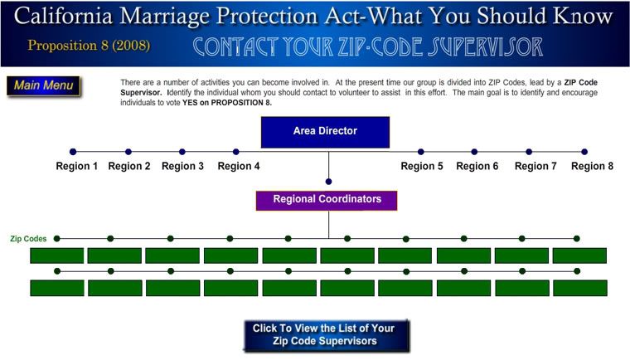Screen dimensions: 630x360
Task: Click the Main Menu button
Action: tap(43, 86)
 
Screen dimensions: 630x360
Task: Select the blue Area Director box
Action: tap(325, 132)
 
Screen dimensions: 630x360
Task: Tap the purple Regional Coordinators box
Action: tap(327, 200)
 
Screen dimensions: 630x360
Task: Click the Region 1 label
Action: tap(77, 166)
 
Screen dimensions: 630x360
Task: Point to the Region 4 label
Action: tap(239, 166)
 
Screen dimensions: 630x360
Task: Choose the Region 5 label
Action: tap(422, 166)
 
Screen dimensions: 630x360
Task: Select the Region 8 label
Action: tap(592, 166)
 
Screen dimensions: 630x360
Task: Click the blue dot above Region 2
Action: tap(128, 152)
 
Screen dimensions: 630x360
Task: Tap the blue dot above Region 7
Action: tap(529, 152)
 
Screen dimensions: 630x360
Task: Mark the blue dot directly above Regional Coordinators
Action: tap(328, 182)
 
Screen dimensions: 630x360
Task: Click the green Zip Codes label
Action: tap(28, 239)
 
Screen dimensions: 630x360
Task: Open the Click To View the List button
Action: tap(327, 335)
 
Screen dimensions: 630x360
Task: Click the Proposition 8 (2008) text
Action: tap(89, 45)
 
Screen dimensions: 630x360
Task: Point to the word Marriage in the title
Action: tap(164, 17)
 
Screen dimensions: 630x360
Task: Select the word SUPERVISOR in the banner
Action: tap(485, 46)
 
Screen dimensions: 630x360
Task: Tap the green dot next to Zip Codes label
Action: tap(56, 239)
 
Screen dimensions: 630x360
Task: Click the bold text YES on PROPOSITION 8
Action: tap(227, 103)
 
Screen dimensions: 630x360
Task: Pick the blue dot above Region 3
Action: tap(182, 152)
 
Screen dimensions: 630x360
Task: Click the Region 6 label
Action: tap(477, 166)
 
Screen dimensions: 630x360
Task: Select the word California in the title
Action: tap(64, 16)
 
